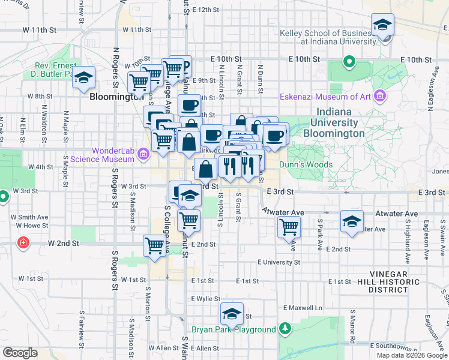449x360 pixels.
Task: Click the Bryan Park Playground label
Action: coord(234,329)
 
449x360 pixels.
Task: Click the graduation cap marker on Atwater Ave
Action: coord(352,222)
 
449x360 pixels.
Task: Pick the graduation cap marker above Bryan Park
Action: coord(232,314)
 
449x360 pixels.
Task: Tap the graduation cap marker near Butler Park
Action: coord(84,78)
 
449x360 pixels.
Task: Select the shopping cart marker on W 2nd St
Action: coord(155,246)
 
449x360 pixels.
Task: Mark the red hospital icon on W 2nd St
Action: coord(23,243)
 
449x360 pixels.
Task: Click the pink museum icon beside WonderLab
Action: coord(143,155)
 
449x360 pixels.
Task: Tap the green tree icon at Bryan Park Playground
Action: coord(285,329)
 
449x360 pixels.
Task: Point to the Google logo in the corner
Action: coord(20,353)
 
